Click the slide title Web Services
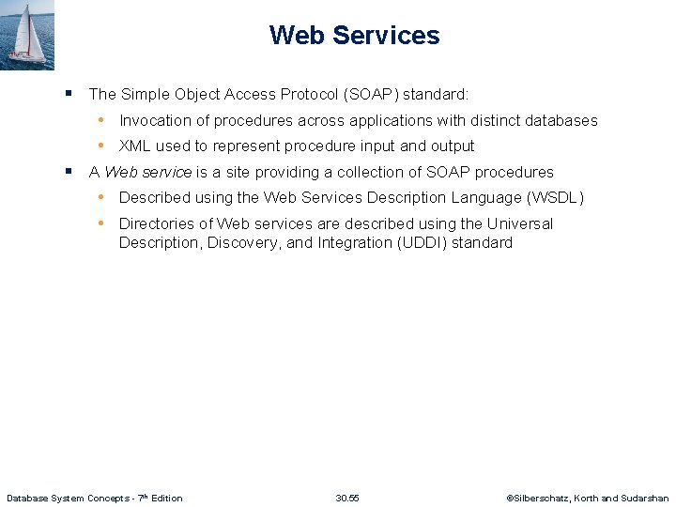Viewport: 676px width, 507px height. pos(354,36)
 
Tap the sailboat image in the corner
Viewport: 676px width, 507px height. pos(27,35)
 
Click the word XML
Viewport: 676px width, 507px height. pos(135,146)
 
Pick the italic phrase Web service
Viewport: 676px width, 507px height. pos(148,173)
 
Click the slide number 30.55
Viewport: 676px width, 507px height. pos(347,498)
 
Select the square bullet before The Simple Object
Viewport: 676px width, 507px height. pos(69,93)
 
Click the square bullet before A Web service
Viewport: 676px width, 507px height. pos(69,171)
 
